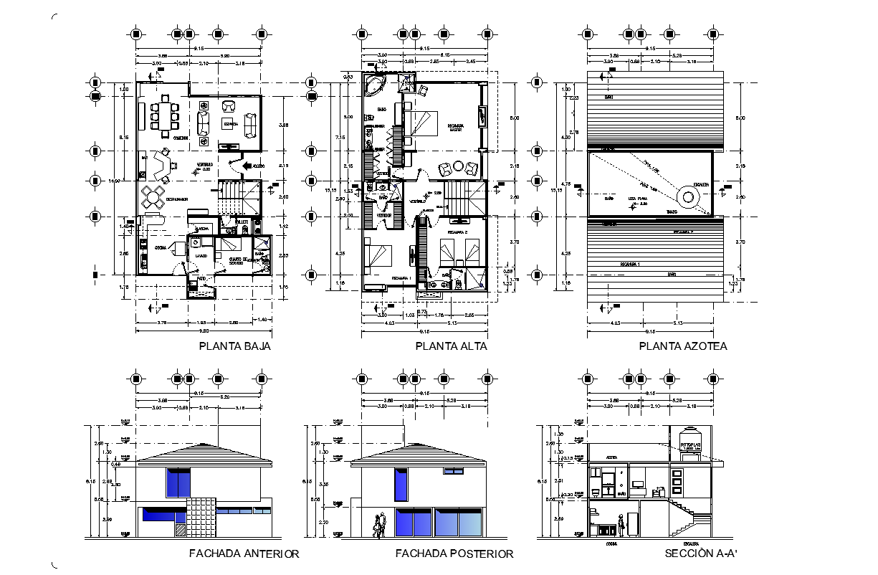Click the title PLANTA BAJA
click(x=235, y=346)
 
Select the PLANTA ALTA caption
click(x=452, y=346)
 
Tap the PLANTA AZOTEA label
click(x=683, y=346)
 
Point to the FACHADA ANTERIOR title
click(x=244, y=553)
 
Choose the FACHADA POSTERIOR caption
click(x=454, y=553)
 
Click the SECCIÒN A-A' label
click(x=701, y=553)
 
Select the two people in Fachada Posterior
click(x=379, y=524)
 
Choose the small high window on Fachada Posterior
click(x=453, y=471)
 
